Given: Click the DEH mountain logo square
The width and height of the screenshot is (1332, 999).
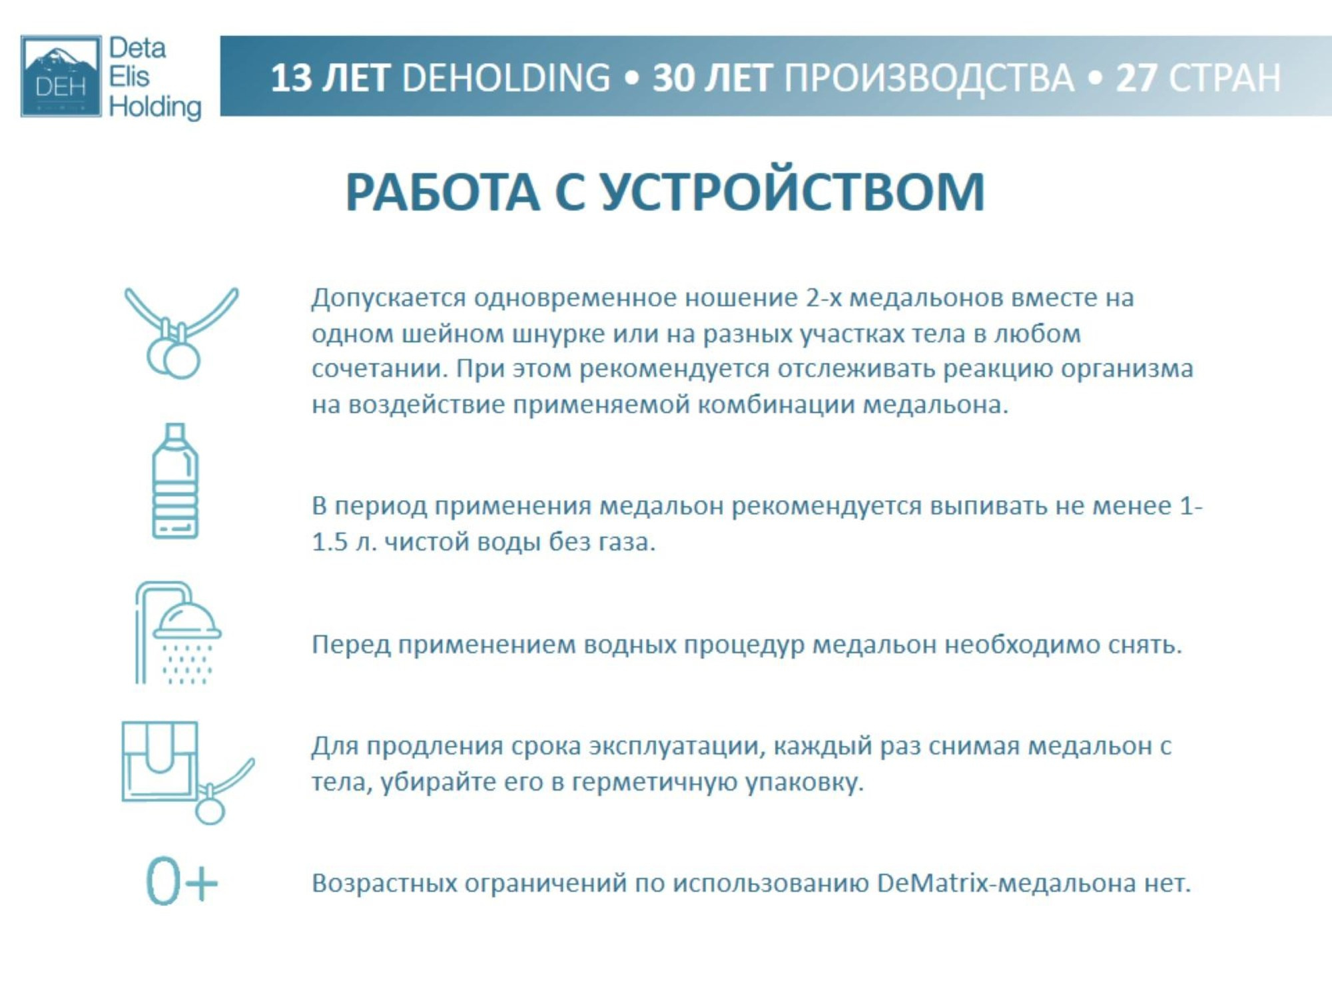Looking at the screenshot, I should [x=61, y=76].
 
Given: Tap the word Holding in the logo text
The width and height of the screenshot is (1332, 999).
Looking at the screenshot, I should [x=155, y=107].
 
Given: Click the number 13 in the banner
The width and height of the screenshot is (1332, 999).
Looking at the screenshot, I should [x=291, y=78].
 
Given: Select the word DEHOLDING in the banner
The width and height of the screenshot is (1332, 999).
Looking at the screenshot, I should [x=506, y=78].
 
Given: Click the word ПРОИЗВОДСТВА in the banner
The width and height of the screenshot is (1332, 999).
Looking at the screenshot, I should [x=929, y=78].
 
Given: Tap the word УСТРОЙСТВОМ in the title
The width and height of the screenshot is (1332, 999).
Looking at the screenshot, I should [x=793, y=192].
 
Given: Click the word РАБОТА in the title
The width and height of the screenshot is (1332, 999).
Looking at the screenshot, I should [x=442, y=192].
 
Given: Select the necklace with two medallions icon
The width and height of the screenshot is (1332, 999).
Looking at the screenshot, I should [x=180, y=332].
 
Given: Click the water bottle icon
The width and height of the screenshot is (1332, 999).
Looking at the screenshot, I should [x=175, y=481].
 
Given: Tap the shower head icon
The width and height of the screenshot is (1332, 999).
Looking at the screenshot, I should [x=178, y=633].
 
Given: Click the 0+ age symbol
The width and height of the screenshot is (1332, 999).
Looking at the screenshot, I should [x=181, y=882].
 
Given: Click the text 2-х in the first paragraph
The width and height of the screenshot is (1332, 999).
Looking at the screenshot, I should [x=823, y=298].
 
